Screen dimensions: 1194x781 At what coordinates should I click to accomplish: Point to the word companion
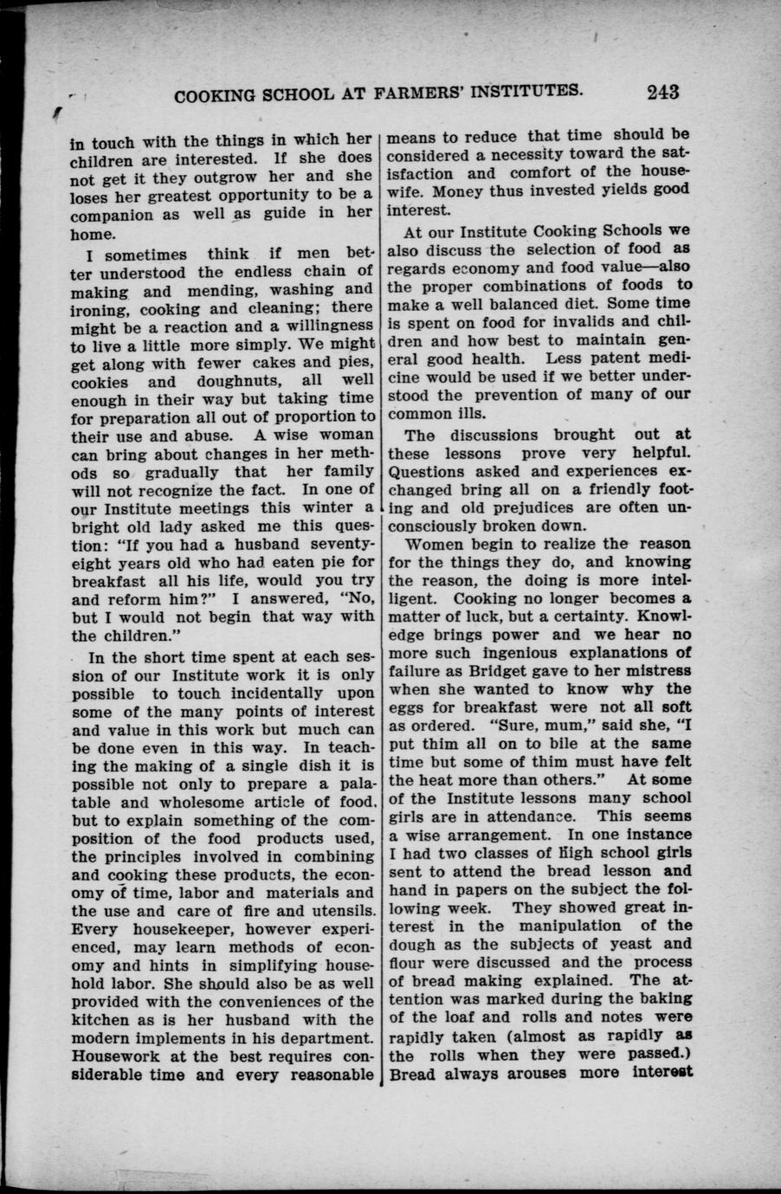(111, 215)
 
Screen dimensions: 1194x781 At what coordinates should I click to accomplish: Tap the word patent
(611, 358)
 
